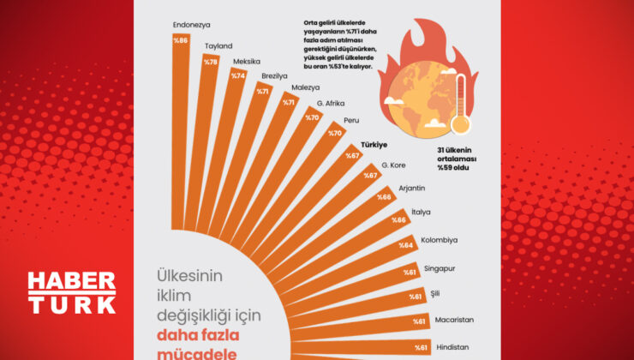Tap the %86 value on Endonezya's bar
(181, 40)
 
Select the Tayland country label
(218, 45)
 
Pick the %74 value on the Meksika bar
(237, 75)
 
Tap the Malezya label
(304, 88)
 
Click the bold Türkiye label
(374, 145)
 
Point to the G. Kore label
(393, 164)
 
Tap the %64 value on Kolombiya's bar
(406, 244)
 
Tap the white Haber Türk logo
(72, 293)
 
